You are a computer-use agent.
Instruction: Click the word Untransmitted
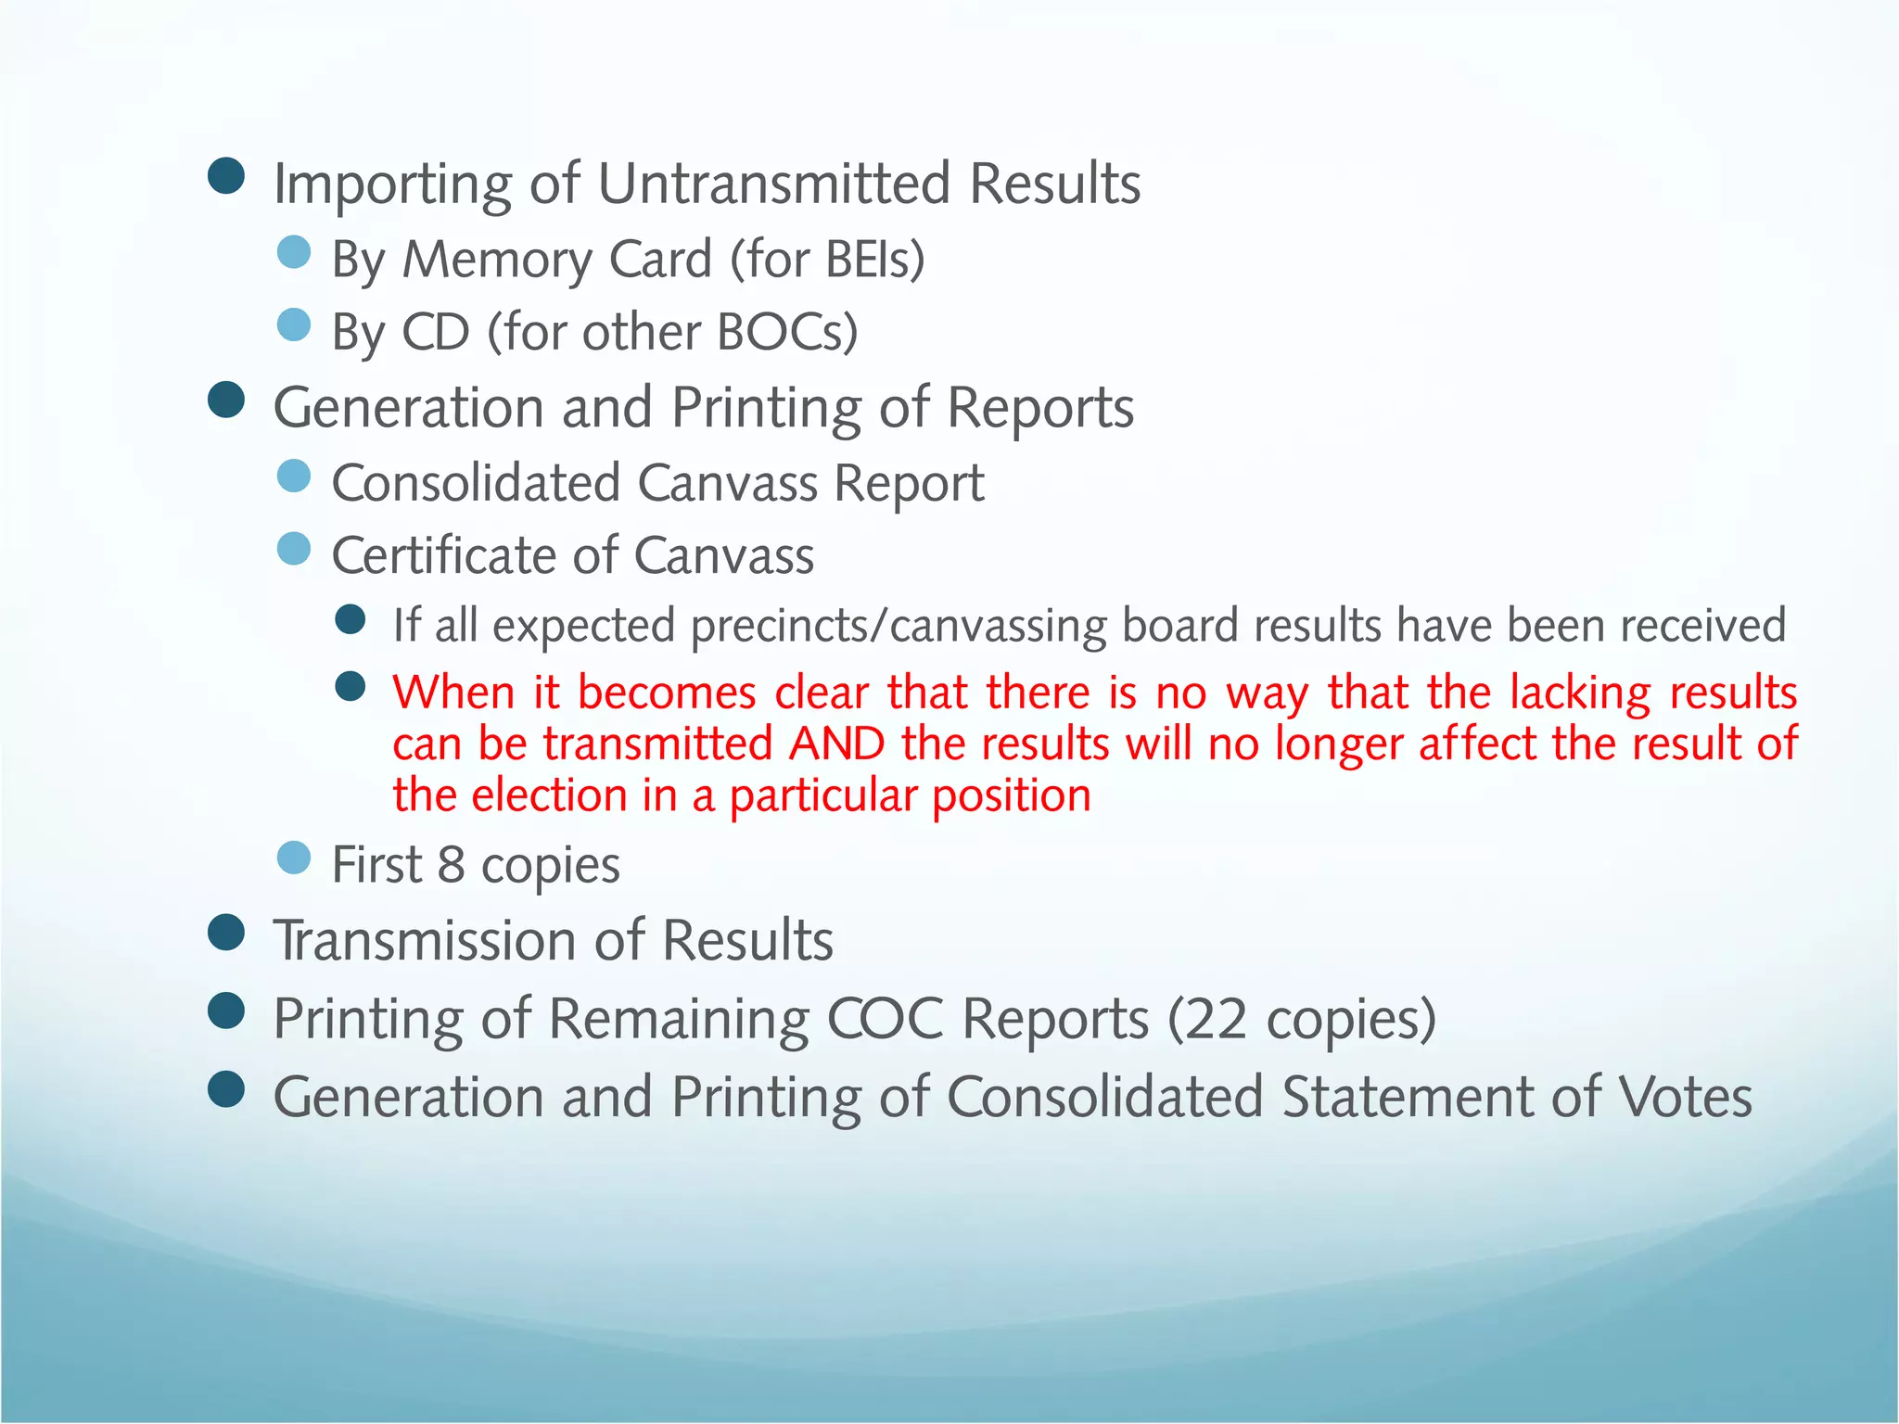pos(774,184)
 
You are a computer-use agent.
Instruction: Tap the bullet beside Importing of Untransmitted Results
pos(226,175)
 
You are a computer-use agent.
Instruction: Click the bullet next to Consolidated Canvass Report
pos(294,477)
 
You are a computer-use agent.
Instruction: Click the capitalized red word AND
pos(837,744)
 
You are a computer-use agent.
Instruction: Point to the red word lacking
pos(1580,693)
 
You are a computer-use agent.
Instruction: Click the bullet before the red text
pos(350,687)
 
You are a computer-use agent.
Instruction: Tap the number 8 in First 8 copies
pos(451,865)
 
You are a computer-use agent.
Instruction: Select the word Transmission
pos(424,941)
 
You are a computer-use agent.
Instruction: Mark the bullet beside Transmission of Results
pos(226,933)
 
